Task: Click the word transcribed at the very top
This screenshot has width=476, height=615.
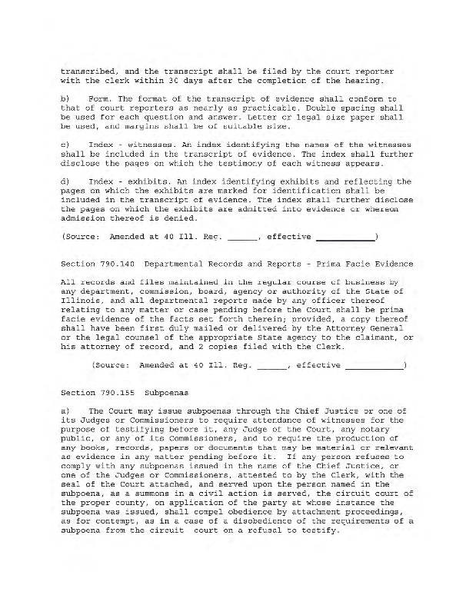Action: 88,71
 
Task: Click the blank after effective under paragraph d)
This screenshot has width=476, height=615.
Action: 345,238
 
